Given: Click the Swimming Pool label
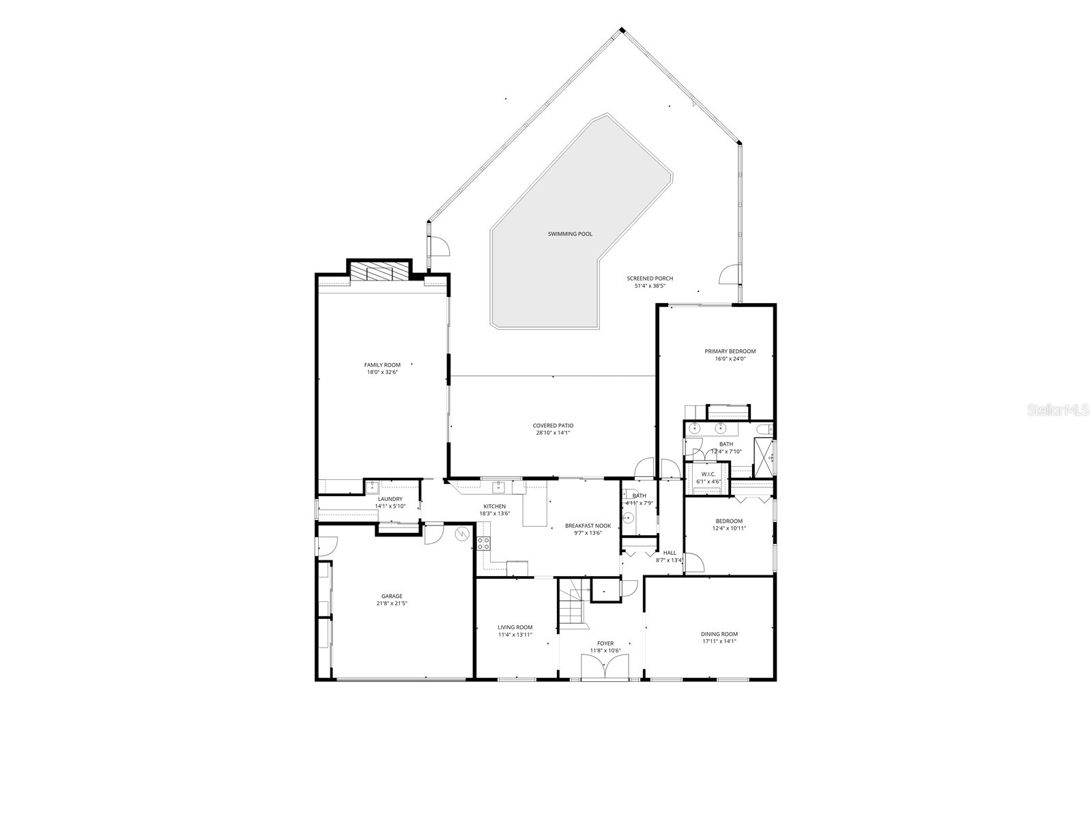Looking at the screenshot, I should (x=570, y=234).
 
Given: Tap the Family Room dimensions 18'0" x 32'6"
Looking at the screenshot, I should (x=382, y=373).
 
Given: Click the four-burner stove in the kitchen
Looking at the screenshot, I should (x=483, y=543).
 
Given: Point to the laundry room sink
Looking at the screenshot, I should (x=373, y=487).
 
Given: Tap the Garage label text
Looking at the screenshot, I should (x=391, y=596).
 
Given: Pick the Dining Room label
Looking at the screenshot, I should (x=719, y=634).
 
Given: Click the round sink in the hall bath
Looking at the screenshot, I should (x=629, y=517).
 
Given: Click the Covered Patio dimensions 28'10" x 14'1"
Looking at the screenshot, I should (x=553, y=433).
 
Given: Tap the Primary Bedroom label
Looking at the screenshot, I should (x=730, y=351).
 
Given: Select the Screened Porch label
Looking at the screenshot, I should (x=650, y=278).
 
